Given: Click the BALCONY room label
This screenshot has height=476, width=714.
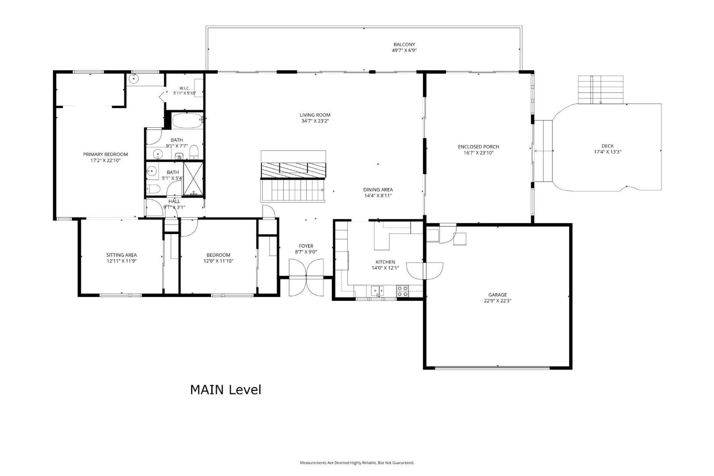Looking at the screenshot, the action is click(x=404, y=44).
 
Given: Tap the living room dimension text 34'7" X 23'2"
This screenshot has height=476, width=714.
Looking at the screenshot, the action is click(x=315, y=121).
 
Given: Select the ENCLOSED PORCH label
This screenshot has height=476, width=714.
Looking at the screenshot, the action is click(x=478, y=147).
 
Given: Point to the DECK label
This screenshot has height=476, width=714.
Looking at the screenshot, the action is click(x=607, y=146).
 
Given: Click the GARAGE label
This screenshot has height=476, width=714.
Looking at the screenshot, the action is click(x=497, y=295).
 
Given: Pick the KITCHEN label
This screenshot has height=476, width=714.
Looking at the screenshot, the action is click(x=385, y=262).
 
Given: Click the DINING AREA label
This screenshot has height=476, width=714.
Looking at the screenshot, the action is click(x=378, y=190).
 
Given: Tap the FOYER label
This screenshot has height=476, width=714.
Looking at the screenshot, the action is click(x=306, y=246).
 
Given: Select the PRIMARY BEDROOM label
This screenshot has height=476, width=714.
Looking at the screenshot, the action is click(x=106, y=154).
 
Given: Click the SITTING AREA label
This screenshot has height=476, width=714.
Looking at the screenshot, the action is click(x=121, y=255).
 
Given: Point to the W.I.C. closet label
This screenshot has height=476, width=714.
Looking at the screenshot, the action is click(x=184, y=88).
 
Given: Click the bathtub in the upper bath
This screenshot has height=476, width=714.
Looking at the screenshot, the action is click(x=187, y=121).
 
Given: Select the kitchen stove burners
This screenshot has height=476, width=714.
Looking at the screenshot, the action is click(x=403, y=291).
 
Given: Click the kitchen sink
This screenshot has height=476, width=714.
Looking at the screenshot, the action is click(x=378, y=291).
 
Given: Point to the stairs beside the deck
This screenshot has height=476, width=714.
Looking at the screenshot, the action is click(x=601, y=89).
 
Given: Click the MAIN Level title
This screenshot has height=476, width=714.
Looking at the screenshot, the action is click(x=226, y=390).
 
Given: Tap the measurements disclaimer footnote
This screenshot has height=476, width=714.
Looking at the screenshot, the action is click(x=357, y=463).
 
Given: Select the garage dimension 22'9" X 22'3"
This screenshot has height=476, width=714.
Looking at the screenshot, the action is click(x=497, y=301).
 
